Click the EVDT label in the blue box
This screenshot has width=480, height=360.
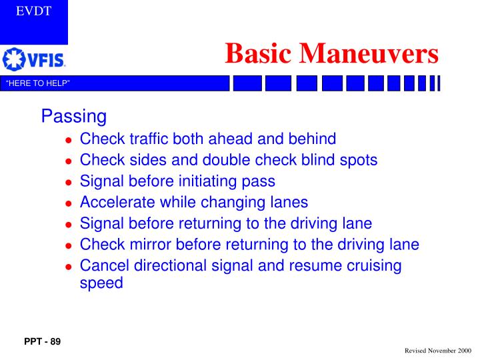click(x=33, y=11)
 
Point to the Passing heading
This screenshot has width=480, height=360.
click(x=73, y=117)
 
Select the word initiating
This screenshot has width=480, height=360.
click(x=213, y=181)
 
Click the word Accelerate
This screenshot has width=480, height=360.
click(x=116, y=202)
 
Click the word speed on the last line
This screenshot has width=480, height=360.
click(x=101, y=283)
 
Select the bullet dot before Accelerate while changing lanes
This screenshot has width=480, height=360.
click(x=68, y=203)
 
